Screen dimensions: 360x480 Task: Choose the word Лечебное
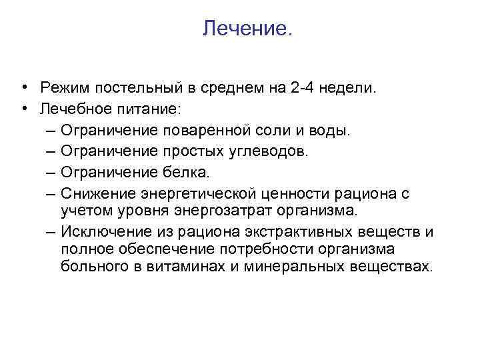(72, 108)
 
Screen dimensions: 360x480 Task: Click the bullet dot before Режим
(23, 87)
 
